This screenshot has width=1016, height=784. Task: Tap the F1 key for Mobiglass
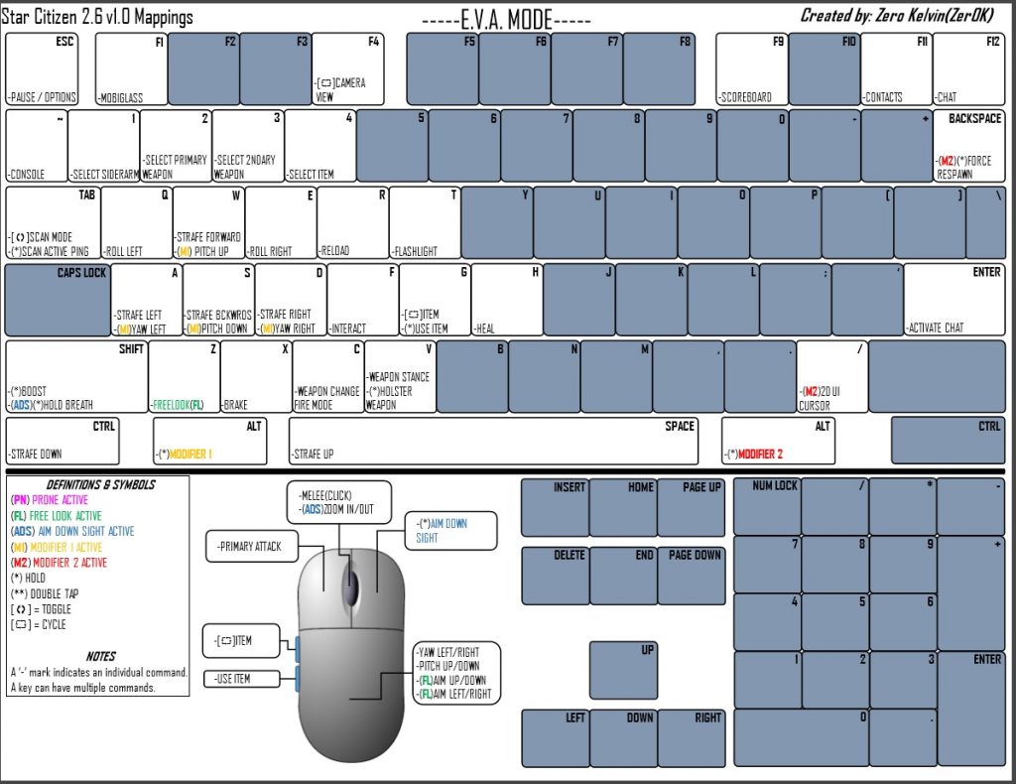pyautogui.click(x=131, y=69)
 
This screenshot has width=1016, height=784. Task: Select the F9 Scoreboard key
pyautogui.click(x=751, y=69)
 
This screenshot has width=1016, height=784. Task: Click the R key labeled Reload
pyautogui.click(x=353, y=222)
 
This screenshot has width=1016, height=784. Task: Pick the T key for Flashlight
pyautogui.click(x=425, y=222)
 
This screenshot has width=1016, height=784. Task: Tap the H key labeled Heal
pyautogui.click(x=507, y=299)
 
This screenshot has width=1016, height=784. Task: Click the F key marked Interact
pyautogui.click(x=362, y=299)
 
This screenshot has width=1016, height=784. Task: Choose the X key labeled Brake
pyautogui.click(x=256, y=376)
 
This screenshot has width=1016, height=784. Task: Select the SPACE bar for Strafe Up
pyautogui.click(x=493, y=441)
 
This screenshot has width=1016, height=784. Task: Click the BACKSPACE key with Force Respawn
pyautogui.click(x=969, y=146)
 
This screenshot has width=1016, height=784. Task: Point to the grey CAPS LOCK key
pyautogui.click(x=58, y=299)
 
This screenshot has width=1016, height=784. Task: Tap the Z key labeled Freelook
pyautogui.click(x=184, y=376)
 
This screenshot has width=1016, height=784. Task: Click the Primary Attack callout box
pyautogui.click(x=250, y=546)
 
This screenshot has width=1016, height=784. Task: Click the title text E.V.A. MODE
pyautogui.click(x=507, y=20)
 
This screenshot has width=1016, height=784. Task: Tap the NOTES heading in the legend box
pyautogui.click(x=100, y=656)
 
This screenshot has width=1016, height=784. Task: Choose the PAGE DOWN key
pyautogui.click(x=692, y=575)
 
